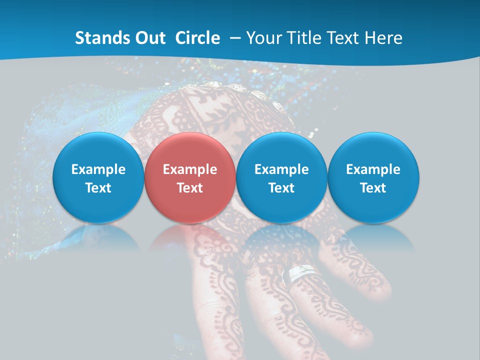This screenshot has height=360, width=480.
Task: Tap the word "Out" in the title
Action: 148,38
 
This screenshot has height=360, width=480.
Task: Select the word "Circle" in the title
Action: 197,38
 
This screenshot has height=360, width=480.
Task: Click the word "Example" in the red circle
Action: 190,169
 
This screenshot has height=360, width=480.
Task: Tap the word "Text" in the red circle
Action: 190,188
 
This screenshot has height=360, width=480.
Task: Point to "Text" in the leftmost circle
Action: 98,188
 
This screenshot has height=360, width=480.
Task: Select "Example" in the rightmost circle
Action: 373,169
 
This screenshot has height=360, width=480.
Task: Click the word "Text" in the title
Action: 346,38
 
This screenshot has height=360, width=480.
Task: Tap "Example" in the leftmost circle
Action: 98,169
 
